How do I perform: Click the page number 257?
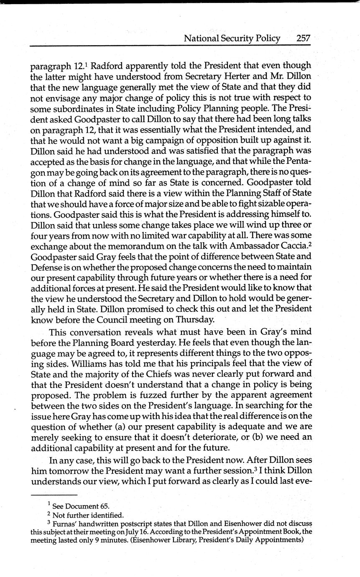coord(303,38)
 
